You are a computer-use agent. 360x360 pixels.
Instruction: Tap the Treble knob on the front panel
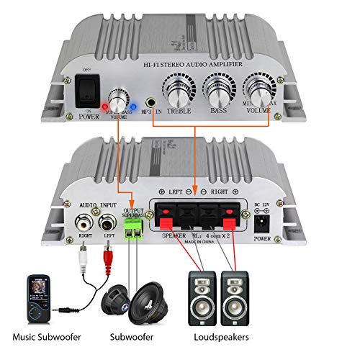point(179,90)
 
